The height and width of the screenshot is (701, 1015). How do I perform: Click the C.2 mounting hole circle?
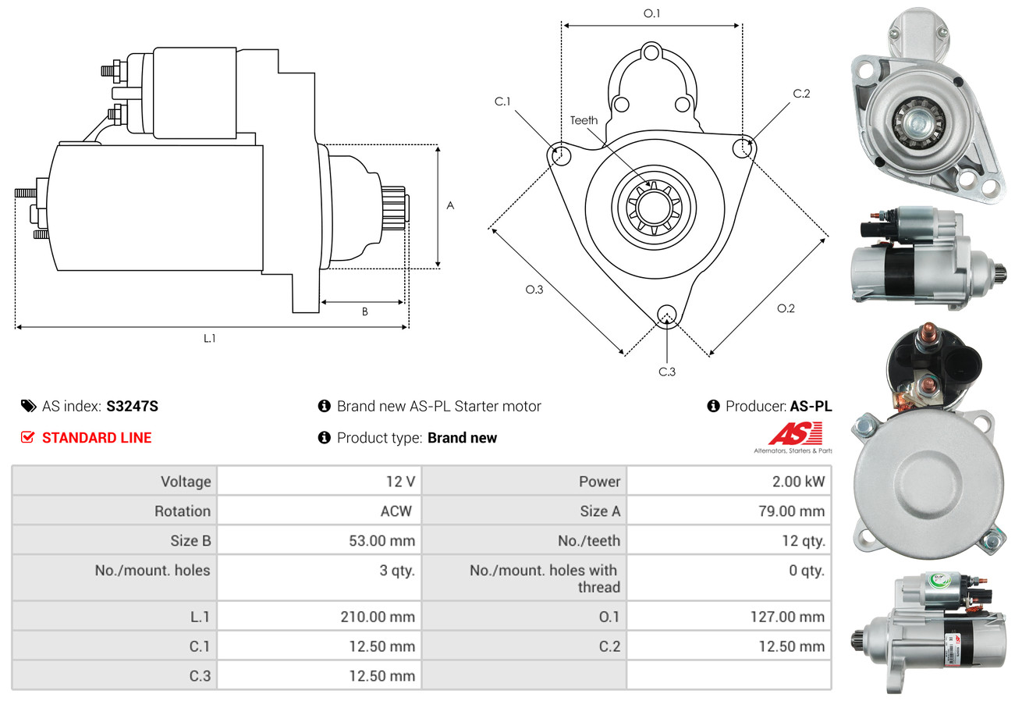[x=744, y=147]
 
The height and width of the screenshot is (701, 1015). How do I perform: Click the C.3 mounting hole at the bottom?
[x=666, y=315]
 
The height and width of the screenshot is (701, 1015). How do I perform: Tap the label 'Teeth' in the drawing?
[x=584, y=120]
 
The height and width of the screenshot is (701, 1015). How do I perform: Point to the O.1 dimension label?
[x=651, y=13]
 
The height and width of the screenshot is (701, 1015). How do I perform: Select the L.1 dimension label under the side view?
[x=209, y=338]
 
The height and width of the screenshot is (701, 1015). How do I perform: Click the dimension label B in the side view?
[x=364, y=311]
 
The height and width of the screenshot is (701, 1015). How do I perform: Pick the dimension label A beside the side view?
[x=450, y=206]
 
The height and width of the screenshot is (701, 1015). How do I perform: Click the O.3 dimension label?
[x=534, y=290]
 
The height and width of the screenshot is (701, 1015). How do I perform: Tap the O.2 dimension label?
[x=786, y=308]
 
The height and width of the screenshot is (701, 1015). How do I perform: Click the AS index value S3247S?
[x=133, y=406]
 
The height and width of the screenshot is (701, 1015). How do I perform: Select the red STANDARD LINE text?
[x=97, y=438]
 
